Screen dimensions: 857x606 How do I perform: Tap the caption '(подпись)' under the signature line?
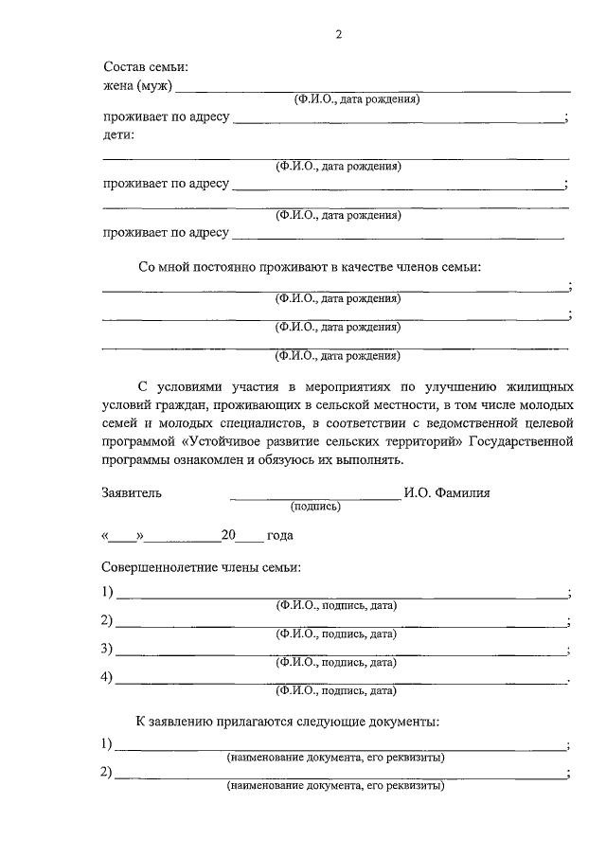(x=316, y=507)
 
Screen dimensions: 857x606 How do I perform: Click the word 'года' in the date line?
(x=279, y=535)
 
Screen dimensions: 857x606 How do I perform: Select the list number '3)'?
(x=107, y=649)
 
